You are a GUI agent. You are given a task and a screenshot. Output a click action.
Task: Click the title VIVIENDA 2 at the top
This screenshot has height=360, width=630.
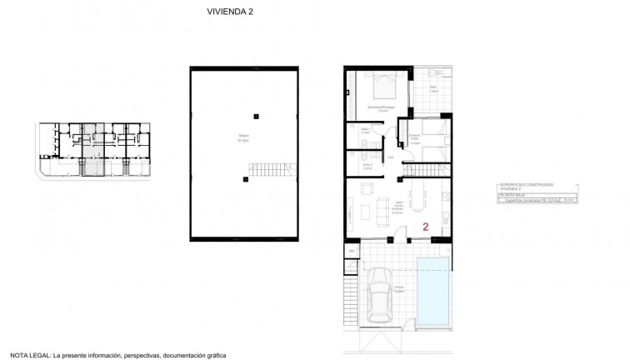(230, 12)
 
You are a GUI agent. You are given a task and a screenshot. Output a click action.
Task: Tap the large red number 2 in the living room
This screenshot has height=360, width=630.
(426, 226)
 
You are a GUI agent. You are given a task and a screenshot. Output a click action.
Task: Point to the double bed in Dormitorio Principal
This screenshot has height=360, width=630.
(385, 87)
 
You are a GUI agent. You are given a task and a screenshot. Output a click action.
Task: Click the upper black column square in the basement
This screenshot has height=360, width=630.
(257, 115)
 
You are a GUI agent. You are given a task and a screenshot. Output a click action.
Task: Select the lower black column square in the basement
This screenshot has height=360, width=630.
(245, 179)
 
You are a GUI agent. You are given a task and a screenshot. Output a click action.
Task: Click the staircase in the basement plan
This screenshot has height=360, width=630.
(271, 172)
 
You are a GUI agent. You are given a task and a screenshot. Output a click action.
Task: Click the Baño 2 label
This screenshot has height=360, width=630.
(366, 167)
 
